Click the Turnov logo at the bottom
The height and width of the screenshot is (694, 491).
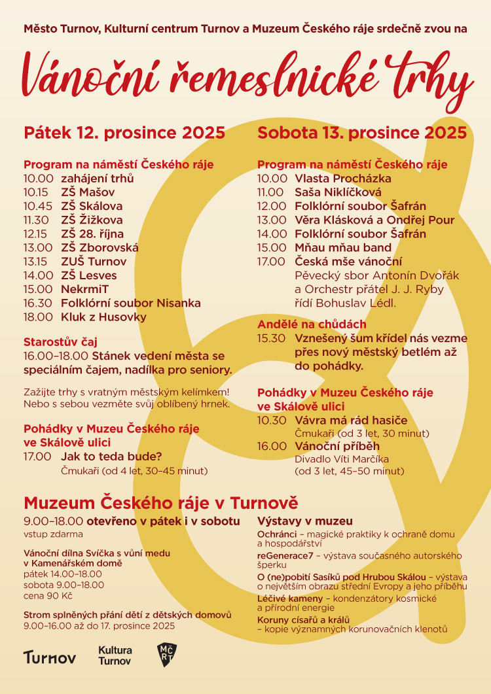50,657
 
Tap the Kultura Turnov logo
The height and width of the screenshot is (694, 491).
115,655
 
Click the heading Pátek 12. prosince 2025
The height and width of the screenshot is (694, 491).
124,133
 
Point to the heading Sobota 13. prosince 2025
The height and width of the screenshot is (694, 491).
362,133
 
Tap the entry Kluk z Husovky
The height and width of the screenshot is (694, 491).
103,317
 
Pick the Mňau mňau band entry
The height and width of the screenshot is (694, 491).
343,248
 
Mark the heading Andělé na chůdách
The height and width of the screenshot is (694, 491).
312,324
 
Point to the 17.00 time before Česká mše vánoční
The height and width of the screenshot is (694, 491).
272,262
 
